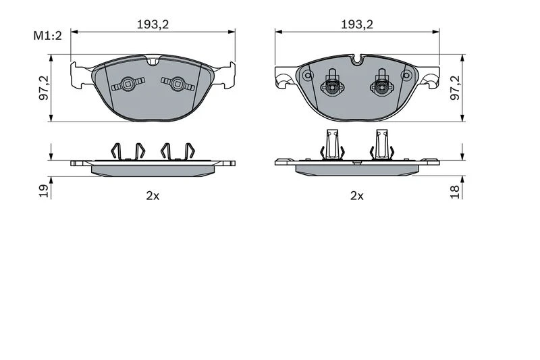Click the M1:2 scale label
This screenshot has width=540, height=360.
tap(47, 36)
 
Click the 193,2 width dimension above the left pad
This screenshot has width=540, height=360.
tap(153, 24)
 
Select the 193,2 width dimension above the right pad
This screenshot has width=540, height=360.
tap(357, 24)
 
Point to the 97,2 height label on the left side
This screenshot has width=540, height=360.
tap(44, 88)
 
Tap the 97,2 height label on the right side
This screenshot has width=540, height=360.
tap(455, 88)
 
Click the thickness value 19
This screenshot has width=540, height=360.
tap(44, 191)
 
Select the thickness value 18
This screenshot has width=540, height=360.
tap(455, 192)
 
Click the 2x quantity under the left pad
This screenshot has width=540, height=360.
tap(153, 196)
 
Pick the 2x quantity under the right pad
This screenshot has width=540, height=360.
tap(357, 196)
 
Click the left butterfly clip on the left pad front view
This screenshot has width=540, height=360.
tap(128, 84)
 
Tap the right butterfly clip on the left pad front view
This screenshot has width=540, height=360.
tap(178, 84)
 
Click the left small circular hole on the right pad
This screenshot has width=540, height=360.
tap(308, 75)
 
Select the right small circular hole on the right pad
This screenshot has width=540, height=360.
tap(406, 75)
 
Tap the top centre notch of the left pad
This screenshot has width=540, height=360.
tap(153, 61)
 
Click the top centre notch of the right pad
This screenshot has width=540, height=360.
tap(357, 59)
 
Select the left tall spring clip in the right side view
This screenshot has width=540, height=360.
tap(333, 145)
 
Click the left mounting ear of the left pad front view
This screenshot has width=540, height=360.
tap(81, 74)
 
